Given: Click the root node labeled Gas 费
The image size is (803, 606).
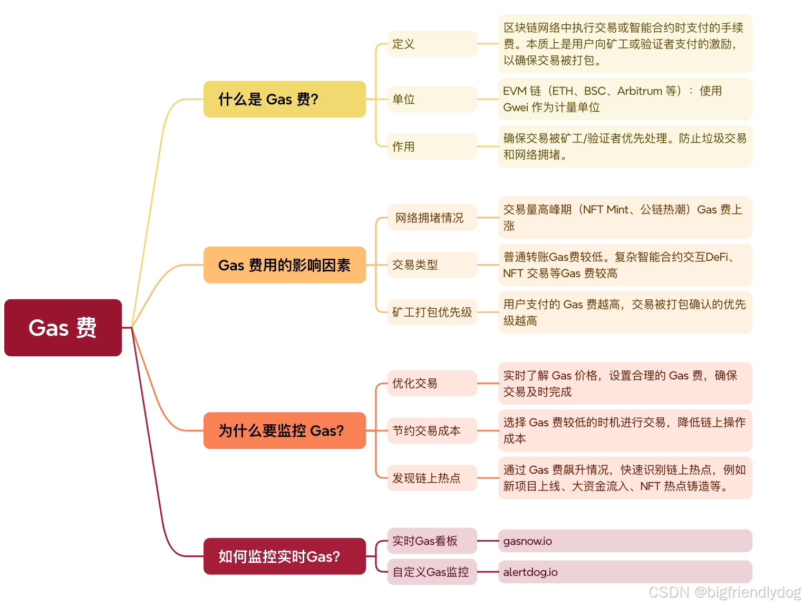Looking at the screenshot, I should coord(63,328).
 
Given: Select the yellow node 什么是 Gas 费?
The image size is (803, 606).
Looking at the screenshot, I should coord(284,99).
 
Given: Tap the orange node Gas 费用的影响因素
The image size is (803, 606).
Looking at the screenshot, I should coord(284,265).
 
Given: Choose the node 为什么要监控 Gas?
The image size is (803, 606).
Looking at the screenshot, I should coord(284,431).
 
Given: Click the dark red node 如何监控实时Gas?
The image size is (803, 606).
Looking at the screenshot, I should coord(284,556).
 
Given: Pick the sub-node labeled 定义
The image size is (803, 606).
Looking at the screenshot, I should coord(431,44).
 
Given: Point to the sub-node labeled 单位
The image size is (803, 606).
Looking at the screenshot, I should coord(431,99).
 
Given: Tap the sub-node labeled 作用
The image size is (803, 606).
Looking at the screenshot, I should coord(431,146).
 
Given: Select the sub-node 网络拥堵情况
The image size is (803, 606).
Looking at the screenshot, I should coord(431,218).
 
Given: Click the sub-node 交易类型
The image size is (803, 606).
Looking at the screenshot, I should coord(431,265).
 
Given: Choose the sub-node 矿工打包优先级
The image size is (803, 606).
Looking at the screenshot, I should coord(432,312).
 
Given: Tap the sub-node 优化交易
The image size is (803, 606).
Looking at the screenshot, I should coord(431,383).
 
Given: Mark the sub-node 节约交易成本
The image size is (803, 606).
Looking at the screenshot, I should coord(431,431).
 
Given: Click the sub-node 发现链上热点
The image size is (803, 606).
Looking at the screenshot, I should coord(431,478).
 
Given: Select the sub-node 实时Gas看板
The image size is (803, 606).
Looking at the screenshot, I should coord(431,541).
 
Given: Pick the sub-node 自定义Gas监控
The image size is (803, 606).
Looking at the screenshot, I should coord(431,572).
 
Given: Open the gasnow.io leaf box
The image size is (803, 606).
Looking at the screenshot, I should coord(625,541).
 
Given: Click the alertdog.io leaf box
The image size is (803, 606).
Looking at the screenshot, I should coord(625,572).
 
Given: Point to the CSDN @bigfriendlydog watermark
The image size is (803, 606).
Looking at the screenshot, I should coord(724,592).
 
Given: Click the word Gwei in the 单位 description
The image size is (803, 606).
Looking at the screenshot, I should coord(515,107).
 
